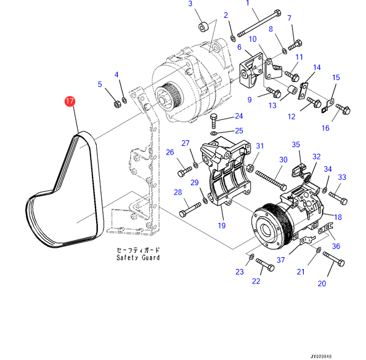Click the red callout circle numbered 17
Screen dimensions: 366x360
tap(70, 101)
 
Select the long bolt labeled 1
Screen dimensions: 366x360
tap(259, 23)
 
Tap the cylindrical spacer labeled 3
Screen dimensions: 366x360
tap(203, 27)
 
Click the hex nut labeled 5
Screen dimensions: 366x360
tap(117, 104)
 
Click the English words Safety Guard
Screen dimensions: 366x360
tap(138, 258)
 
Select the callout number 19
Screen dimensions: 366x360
tap(222, 225)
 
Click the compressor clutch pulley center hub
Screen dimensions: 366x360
tap(266, 229)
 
